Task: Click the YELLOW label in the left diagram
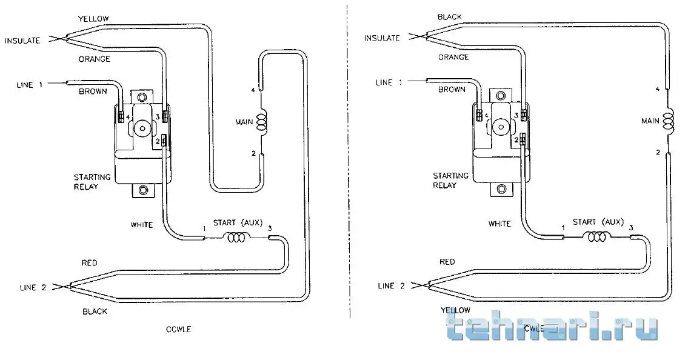pos(93,19)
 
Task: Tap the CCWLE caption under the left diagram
pos(179,329)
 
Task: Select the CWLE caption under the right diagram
pos(535,328)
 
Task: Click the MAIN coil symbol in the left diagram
pos(261,122)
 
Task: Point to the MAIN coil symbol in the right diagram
pos(668,121)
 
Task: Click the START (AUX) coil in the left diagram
pos(236,238)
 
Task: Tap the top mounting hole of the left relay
pos(141,96)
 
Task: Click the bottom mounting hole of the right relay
pos(501,190)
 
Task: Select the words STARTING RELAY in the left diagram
pos(92,182)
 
